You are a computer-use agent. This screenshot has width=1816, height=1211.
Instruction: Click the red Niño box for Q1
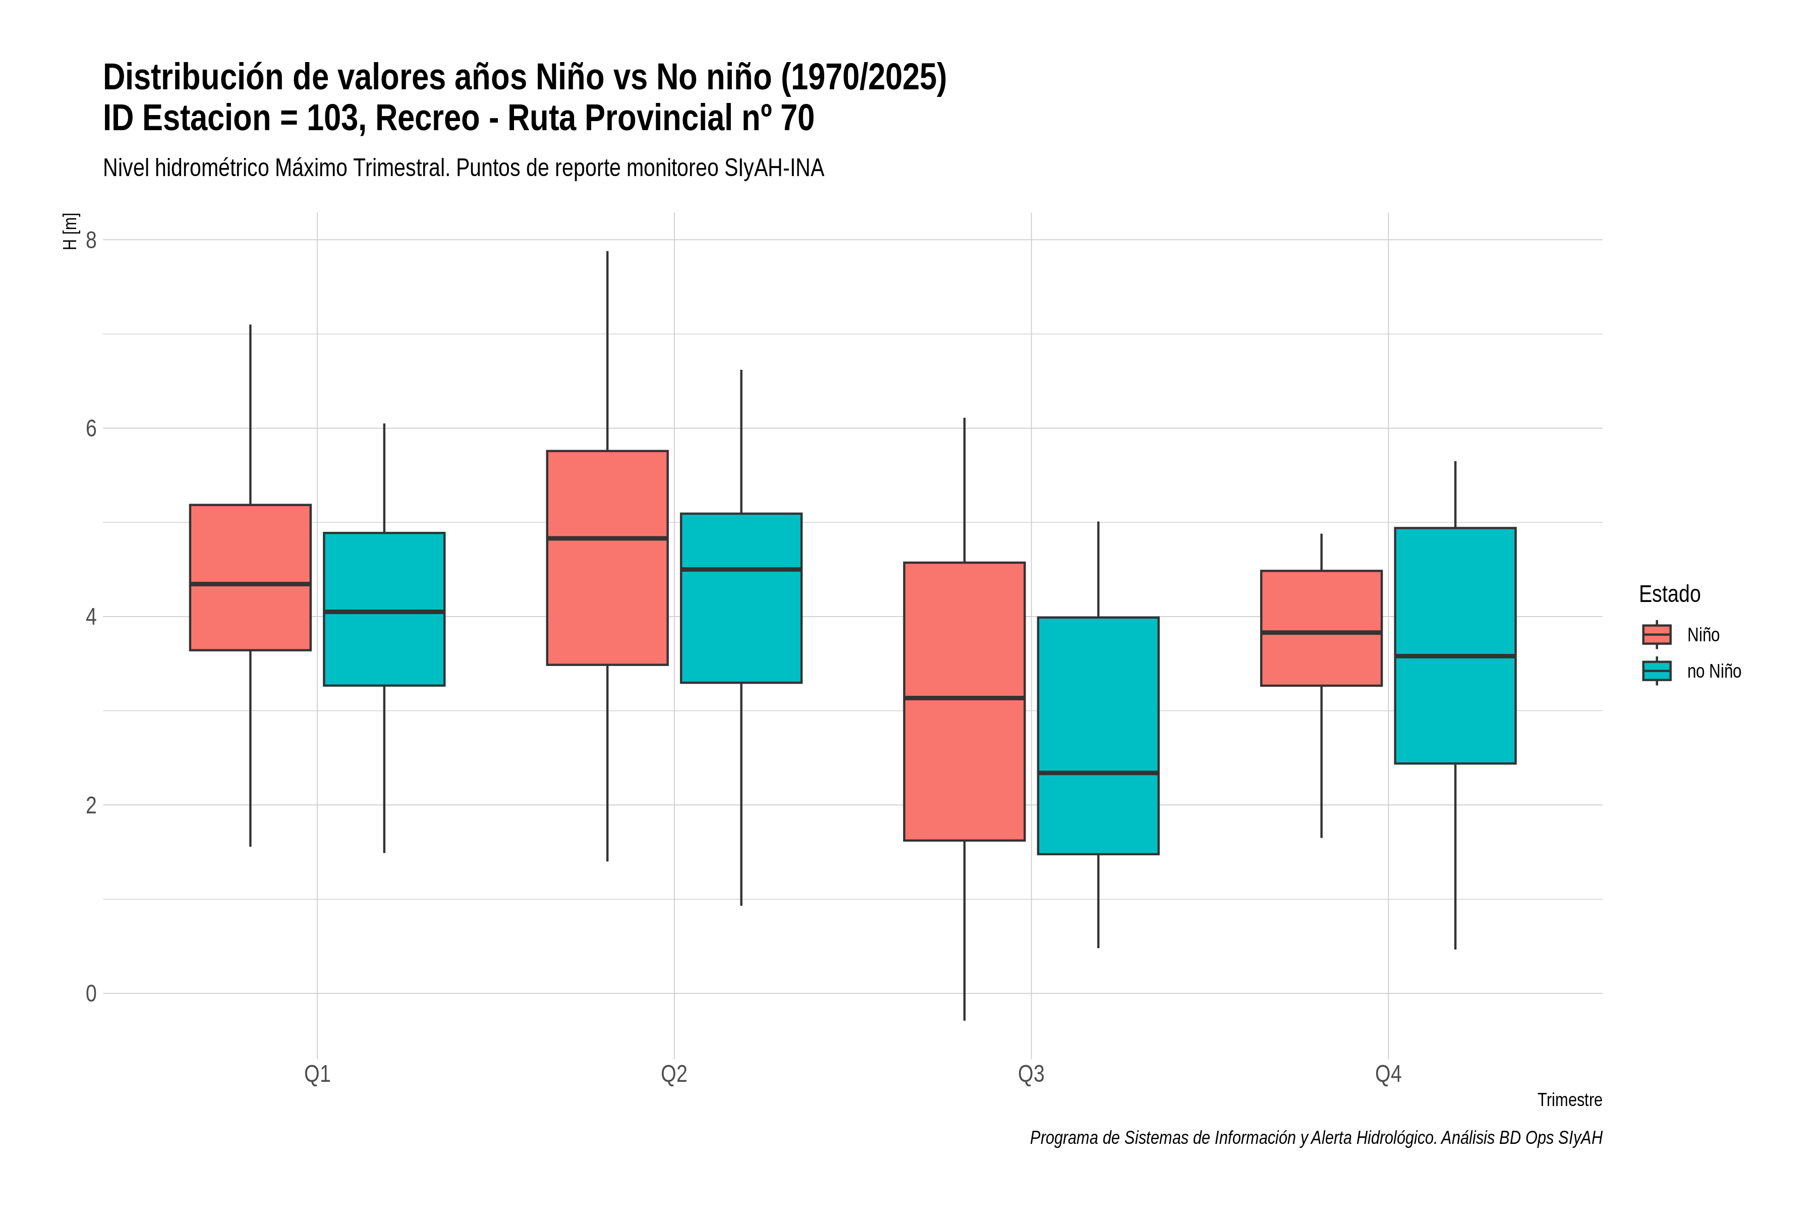click(250, 578)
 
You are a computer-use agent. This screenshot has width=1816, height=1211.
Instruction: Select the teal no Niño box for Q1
click(384, 610)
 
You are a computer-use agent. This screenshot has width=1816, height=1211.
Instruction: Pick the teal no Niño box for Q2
click(741, 598)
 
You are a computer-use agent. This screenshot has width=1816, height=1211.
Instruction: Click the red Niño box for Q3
click(964, 701)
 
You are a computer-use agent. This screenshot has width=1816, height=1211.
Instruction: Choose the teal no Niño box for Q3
click(1098, 735)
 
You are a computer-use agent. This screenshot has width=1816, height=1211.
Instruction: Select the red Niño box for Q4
click(1321, 628)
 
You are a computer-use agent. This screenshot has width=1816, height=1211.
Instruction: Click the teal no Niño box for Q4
click(1455, 646)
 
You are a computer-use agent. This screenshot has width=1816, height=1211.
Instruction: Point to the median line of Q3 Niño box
click(964, 698)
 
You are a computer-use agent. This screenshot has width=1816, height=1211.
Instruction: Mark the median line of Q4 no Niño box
click(1455, 656)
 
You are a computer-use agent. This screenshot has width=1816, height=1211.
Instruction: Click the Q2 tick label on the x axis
click(674, 1074)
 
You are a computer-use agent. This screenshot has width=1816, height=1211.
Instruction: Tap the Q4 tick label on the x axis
click(1388, 1074)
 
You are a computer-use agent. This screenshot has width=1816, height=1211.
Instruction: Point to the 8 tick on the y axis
click(91, 240)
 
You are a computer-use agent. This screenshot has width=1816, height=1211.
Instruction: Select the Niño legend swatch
click(1657, 635)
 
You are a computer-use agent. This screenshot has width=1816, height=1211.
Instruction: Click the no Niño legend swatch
click(1657, 671)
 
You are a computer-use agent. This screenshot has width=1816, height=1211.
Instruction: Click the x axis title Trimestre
click(1570, 1100)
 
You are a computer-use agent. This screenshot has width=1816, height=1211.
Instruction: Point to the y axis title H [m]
click(70, 231)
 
